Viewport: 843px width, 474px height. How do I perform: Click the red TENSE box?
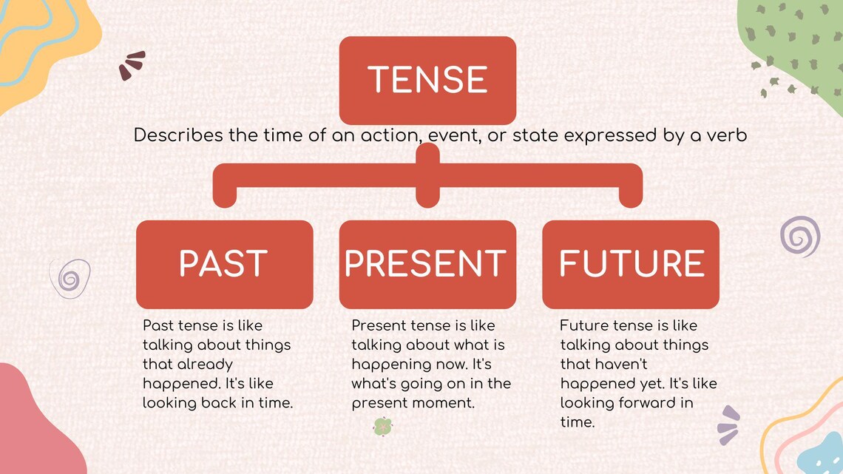click(427, 80)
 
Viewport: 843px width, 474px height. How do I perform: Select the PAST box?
click(224, 264)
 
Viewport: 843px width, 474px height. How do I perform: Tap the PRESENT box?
click(427, 264)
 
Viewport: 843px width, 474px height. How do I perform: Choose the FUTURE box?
click(630, 264)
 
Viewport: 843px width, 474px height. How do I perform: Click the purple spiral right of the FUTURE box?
click(800, 237)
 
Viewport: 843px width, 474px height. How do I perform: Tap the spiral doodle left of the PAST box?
click(70, 279)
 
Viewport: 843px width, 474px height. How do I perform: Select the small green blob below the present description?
click(382, 427)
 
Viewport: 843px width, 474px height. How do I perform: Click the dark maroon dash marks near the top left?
click(132, 65)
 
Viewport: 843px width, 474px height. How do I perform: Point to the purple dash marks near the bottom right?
click(728, 425)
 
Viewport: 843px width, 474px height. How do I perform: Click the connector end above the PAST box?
click(225, 196)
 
